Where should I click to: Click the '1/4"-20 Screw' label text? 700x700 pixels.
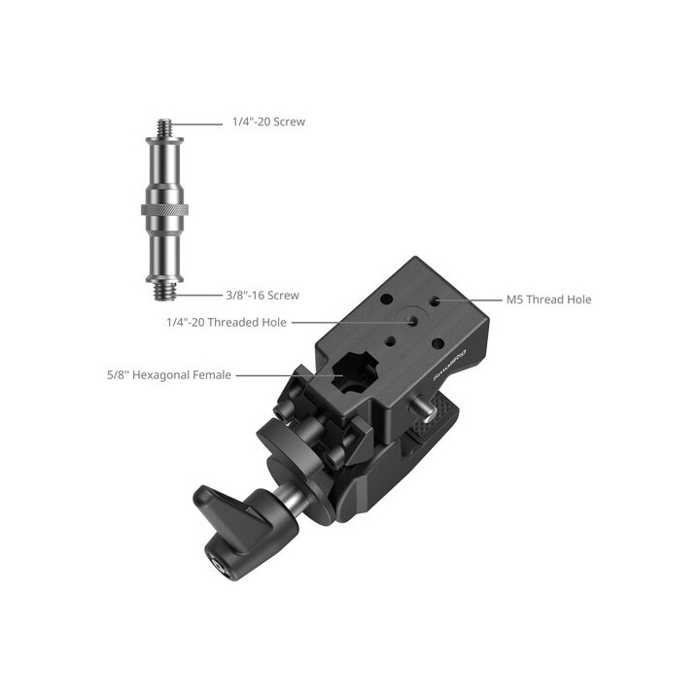pos(269,122)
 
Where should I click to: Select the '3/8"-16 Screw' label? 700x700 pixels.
pos(263,295)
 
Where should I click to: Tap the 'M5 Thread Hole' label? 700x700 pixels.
pos(548,299)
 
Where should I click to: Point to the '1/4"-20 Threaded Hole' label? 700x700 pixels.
pos(226,322)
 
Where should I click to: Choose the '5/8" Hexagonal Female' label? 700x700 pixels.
pos(169,374)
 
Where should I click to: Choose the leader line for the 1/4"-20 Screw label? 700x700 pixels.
pos(200,123)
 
